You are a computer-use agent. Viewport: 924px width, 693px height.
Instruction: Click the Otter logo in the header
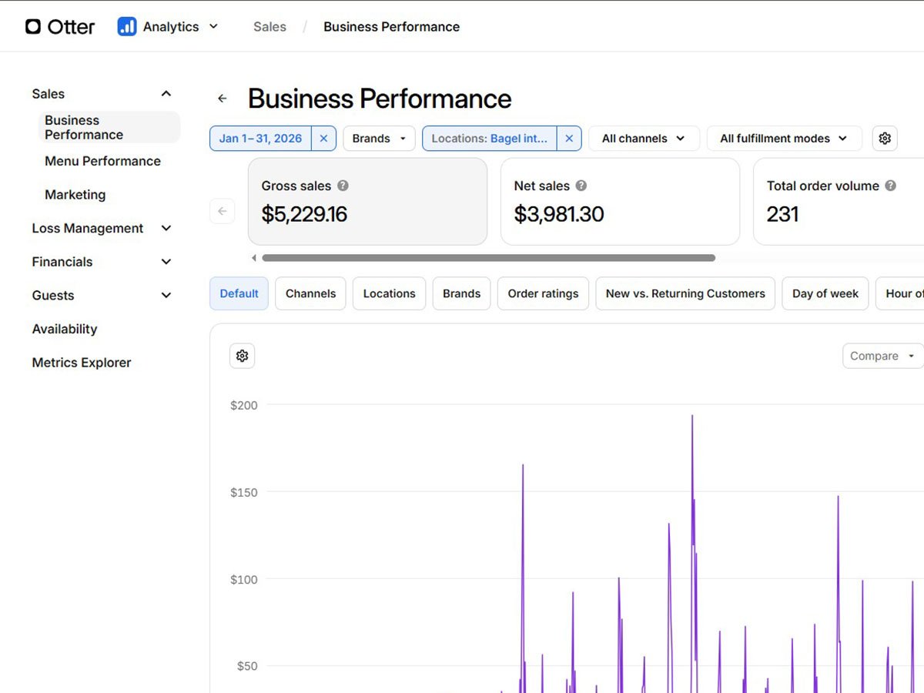click(x=60, y=27)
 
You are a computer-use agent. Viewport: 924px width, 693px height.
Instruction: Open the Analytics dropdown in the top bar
click(x=168, y=27)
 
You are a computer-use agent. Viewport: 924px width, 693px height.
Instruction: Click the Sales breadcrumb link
click(x=269, y=27)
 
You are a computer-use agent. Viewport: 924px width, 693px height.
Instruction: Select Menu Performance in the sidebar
click(x=102, y=161)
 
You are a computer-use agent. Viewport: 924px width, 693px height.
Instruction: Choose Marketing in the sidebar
click(x=75, y=195)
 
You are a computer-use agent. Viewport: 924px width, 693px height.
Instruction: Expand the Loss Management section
click(x=102, y=228)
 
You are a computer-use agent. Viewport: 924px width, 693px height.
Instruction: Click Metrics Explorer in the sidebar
click(x=82, y=363)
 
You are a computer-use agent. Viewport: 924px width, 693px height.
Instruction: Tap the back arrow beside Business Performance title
click(x=223, y=99)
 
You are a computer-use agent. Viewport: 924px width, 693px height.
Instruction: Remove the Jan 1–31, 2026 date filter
click(x=323, y=139)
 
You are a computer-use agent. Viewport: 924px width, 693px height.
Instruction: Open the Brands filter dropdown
click(x=379, y=139)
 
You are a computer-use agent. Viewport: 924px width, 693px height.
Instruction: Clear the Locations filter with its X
click(x=569, y=139)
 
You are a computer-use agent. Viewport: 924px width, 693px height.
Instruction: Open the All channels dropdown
click(x=644, y=139)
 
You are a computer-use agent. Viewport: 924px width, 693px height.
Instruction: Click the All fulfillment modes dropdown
click(x=784, y=139)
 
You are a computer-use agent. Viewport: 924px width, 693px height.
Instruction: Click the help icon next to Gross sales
click(x=343, y=186)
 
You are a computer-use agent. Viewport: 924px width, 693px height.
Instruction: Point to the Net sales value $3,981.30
click(x=558, y=214)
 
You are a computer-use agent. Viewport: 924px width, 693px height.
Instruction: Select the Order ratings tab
click(x=543, y=293)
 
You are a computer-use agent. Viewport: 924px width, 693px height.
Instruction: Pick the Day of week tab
click(x=825, y=293)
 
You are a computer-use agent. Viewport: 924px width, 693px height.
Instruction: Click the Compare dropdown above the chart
click(x=882, y=356)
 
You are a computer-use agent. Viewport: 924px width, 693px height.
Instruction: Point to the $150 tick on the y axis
click(x=244, y=492)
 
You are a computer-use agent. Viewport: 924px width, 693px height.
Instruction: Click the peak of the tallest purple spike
click(x=692, y=416)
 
